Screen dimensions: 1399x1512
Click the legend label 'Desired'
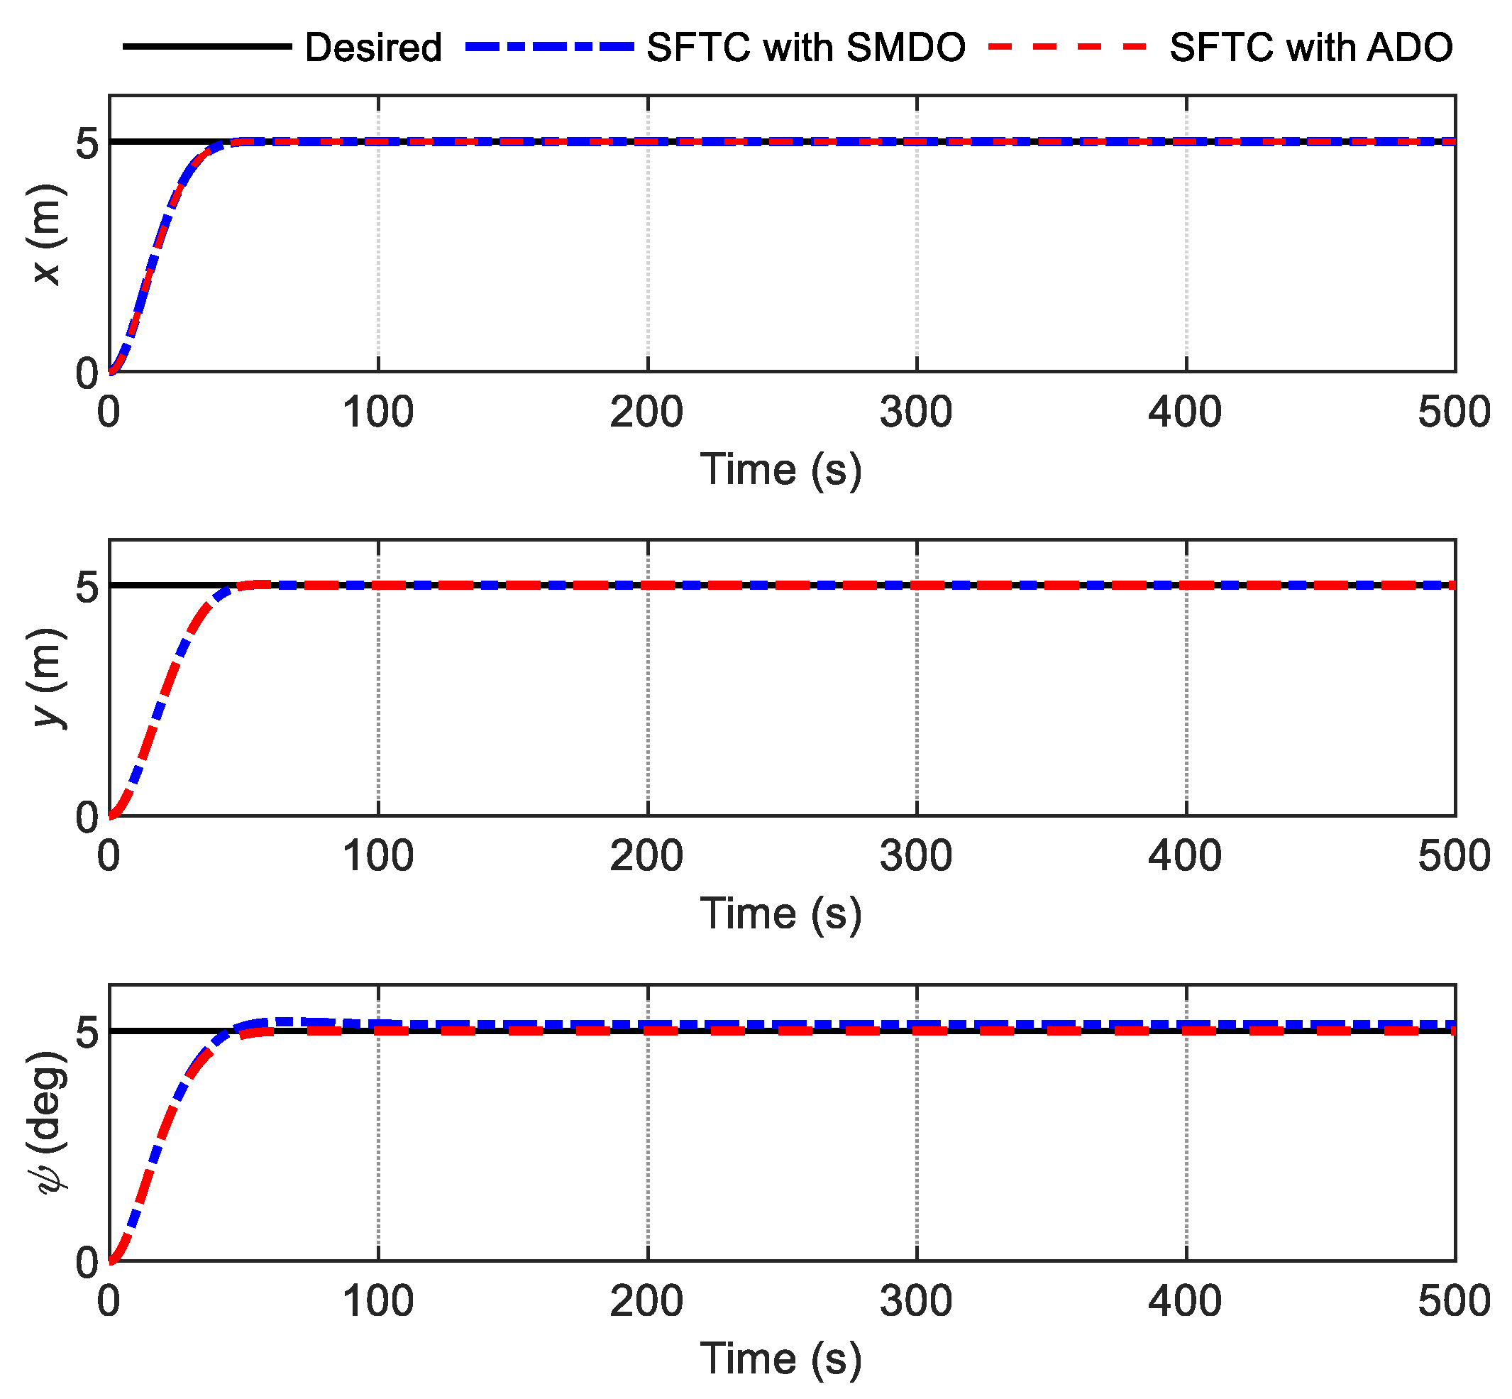(373, 48)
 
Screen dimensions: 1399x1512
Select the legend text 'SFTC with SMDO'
(806, 48)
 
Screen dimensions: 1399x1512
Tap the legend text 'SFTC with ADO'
(1310, 48)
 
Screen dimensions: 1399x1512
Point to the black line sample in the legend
(206, 47)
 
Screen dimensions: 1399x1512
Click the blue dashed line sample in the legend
(548, 47)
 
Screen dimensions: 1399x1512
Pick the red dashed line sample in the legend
(1068, 47)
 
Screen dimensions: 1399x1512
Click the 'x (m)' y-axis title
(47, 234)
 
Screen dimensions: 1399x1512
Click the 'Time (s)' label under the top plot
(781, 469)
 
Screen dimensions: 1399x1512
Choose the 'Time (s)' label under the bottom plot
(781, 1358)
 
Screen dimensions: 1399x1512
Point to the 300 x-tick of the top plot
(916, 413)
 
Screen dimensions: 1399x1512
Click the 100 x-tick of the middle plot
(377, 857)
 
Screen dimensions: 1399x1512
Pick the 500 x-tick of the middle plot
(1454, 857)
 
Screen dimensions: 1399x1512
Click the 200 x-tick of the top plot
(647, 413)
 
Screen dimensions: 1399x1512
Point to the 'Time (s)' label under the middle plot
(781, 913)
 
